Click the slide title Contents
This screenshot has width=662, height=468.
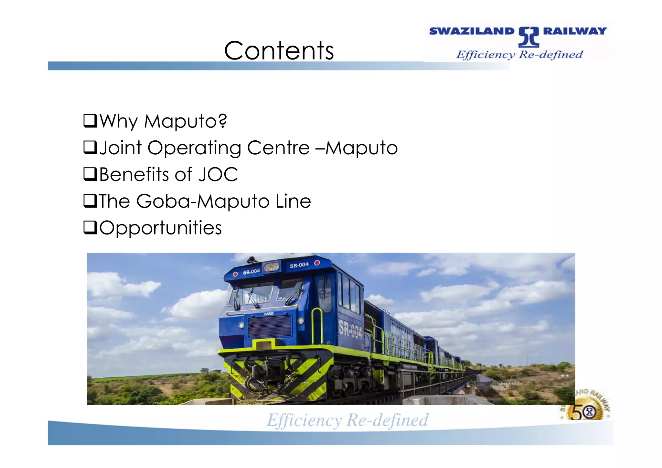279,51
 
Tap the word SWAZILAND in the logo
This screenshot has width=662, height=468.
471,31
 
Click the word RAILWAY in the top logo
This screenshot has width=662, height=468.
575,31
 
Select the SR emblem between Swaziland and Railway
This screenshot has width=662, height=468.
529,37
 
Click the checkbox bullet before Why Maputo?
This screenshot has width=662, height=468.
90,121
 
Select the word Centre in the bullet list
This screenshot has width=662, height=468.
278,148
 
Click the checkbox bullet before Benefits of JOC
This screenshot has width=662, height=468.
90,174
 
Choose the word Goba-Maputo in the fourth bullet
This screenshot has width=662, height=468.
203,201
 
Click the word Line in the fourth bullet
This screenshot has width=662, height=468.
293,201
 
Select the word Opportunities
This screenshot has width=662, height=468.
161,228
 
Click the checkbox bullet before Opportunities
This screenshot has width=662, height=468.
90,227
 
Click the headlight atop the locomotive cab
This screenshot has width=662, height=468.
272,267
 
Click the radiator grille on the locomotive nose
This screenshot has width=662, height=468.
270,326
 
